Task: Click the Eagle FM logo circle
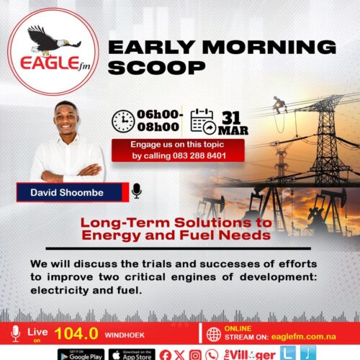coord(50,50)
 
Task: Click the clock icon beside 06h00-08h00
coord(123,121)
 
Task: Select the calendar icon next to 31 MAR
coord(203,121)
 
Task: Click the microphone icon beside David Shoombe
coord(137,191)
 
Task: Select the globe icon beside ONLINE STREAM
coord(213,334)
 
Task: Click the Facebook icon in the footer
coord(165,353)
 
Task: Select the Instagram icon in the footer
coord(194,353)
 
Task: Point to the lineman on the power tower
coord(279,105)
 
